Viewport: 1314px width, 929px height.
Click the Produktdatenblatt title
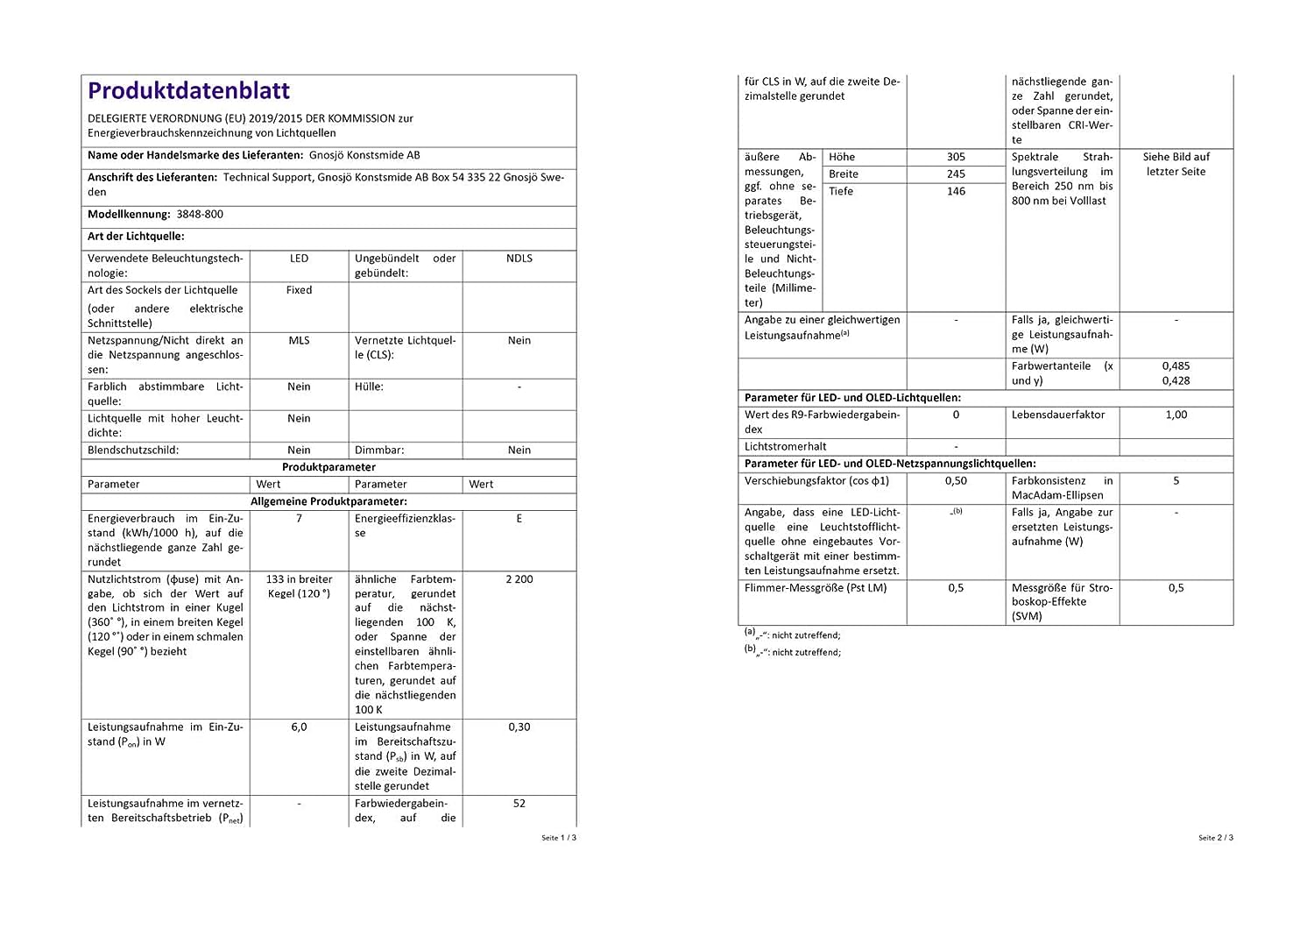tap(188, 91)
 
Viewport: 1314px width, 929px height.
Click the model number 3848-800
tap(200, 214)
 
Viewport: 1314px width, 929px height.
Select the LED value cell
tap(299, 259)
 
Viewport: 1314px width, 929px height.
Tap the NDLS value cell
tap(519, 259)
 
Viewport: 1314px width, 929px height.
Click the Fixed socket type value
tap(299, 290)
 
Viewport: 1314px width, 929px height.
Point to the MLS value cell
tap(299, 341)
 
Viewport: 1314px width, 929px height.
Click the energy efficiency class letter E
tap(519, 519)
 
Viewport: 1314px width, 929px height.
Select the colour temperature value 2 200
tap(519, 579)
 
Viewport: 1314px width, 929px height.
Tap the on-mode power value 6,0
tap(299, 727)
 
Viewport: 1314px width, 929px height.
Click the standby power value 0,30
tap(519, 727)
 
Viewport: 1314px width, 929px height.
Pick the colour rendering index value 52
tap(519, 804)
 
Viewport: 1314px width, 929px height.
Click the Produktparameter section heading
tap(328, 467)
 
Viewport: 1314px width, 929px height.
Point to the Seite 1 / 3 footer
tap(559, 838)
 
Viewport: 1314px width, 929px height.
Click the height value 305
tap(956, 157)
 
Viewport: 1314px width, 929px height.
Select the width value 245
tap(956, 174)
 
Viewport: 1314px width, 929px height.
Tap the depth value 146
tap(956, 191)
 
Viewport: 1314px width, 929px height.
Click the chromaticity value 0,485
tap(1176, 366)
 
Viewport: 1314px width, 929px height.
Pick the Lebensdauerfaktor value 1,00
tap(1176, 415)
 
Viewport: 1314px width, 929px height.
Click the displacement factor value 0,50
tap(956, 481)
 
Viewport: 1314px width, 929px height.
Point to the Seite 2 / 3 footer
tap(1216, 838)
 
